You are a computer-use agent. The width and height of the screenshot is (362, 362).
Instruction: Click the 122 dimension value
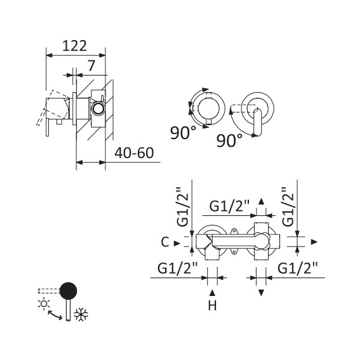pos(74,46)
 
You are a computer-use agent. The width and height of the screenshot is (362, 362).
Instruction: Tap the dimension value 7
pos(91,65)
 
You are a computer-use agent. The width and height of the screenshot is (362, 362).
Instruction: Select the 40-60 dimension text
pos(134,153)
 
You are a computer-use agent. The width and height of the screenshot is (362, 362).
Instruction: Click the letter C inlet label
pos(165,243)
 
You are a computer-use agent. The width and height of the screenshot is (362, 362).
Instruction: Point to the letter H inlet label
pos(212,305)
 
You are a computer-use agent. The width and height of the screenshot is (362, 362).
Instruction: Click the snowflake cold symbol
pos(81,314)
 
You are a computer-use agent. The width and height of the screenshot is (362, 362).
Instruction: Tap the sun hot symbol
pos(44,304)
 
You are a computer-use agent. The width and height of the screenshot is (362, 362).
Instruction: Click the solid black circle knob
pos(69,291)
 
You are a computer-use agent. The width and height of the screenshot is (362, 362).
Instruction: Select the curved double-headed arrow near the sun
pos(55,315)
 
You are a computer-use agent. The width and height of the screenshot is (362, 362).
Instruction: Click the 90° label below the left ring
pos(183,133)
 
